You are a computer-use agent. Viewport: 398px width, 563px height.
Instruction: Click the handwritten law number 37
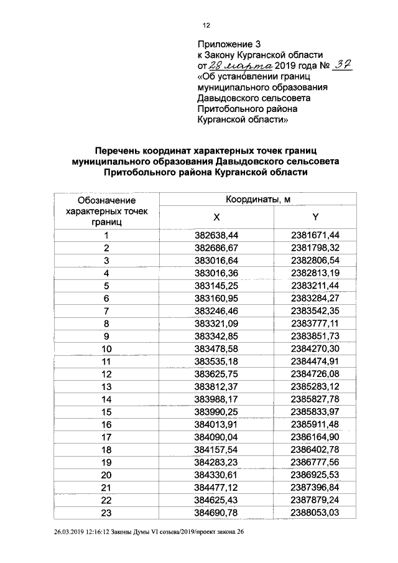tap(342, 64)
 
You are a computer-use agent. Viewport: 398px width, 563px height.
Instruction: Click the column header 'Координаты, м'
tap(258, 200)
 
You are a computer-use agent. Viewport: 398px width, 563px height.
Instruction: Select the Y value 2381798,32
tap(315, 248)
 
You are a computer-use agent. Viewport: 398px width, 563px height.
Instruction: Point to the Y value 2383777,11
tap(315, 323)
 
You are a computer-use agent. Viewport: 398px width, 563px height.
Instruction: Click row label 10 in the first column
tap(106, 348)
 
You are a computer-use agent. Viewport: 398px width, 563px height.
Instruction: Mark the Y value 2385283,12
tap(315, 386)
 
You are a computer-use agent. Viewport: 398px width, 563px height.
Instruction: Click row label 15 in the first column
tap(106, 412)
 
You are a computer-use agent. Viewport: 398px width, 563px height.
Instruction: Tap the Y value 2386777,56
tap(315, 462)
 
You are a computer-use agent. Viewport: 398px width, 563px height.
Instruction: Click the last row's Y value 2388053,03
tap(315, 513)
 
